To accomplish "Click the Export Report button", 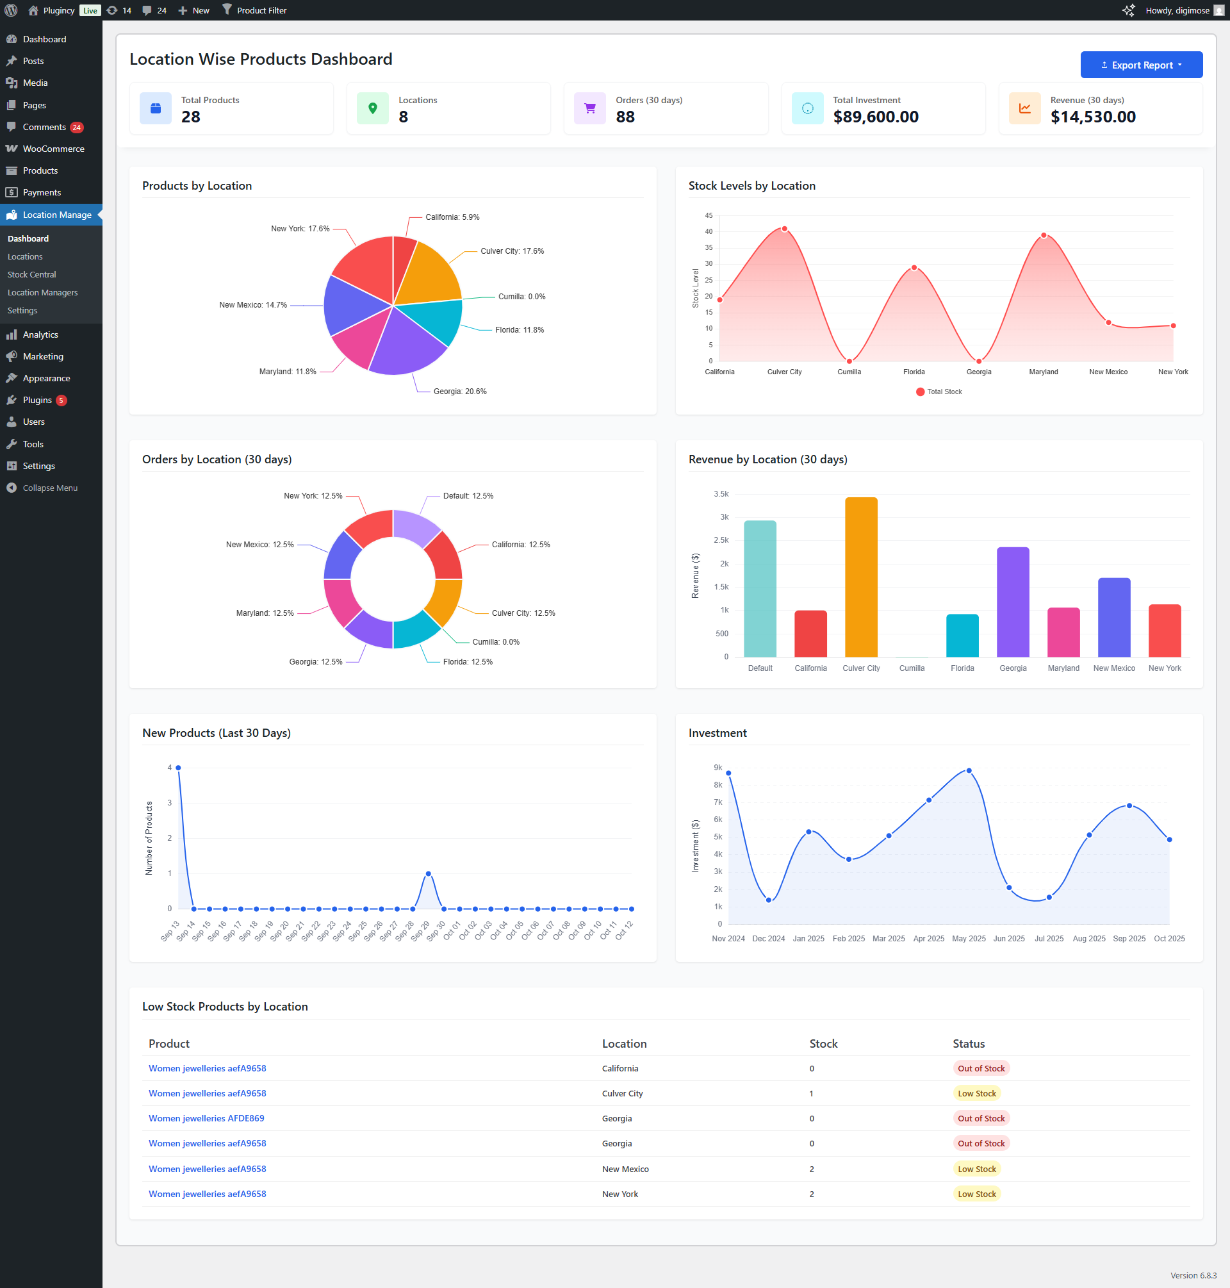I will point(1141,65).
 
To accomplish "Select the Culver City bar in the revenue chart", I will point(861,577).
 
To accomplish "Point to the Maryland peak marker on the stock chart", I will point(1044,235).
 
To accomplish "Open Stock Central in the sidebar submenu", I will point(31,275).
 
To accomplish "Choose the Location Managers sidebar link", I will point(43,292).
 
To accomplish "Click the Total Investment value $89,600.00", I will point(875,117).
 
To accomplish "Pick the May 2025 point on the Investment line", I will point(969,772).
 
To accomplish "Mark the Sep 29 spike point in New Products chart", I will point(428,873).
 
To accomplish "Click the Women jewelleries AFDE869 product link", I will point(206,1119).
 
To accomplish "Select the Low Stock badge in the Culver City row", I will point(976,1094).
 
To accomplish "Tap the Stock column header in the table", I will point(823,1044).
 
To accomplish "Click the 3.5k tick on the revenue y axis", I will point(721,494).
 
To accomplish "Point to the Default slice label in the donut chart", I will point(468,496).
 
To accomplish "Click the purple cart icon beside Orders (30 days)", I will point(589,109).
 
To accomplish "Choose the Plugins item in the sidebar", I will point(37,400).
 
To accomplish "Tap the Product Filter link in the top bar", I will point(261,10).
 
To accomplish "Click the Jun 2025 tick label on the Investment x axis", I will point(1008,939).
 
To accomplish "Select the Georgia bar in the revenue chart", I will point(1012,602).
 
